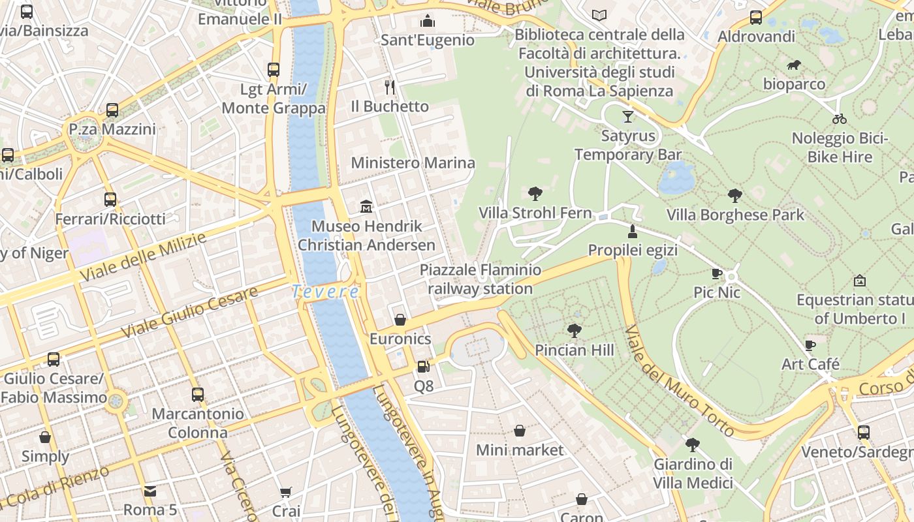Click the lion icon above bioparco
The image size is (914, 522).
click(x=794, y=65)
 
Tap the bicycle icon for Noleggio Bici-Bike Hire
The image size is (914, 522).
click(x=840, y=119)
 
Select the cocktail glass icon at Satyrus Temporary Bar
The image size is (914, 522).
click(x=627, y=117)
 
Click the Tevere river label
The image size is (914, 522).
click(x=325, y=292)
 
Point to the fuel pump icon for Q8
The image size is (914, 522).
click(x=423, y=367)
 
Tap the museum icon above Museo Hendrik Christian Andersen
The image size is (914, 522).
click(x=366, y=207)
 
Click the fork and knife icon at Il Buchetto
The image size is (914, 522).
click(x=390, y=87)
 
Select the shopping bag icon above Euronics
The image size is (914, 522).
click(x=400, y=319)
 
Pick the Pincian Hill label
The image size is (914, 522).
click(x=574, y=350)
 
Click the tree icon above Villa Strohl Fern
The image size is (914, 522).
click(x=535, y=193)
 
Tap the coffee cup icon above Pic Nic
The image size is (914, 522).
click(x=716, y=273)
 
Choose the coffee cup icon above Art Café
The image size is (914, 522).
click(x=810, y=345)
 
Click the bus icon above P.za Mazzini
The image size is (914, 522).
click(x=112, y=110)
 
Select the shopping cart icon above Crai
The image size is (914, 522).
click(x=286, y=491)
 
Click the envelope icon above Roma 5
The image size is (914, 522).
click(x=150, y=490)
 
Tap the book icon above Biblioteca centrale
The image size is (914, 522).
click(x=599, y=15)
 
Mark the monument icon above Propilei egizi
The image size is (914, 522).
click(x=632, y=231)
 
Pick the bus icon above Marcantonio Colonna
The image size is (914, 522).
click(x=198, y=394)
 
